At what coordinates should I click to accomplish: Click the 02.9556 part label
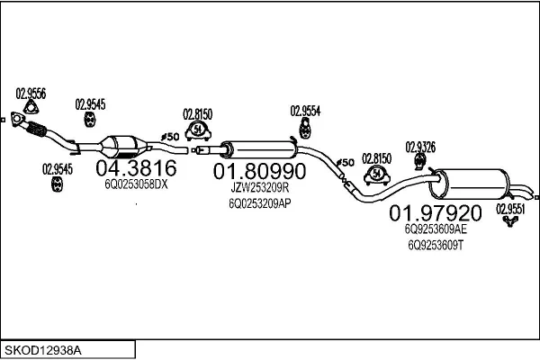pyautogui.click(x=31, y=93)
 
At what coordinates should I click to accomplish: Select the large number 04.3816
pyautogui.click(x=137, y=167)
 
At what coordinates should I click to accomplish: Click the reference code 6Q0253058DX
pyautogui.click(x=137, y=184)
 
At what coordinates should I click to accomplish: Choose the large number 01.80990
pyautogui.click(x=258, y=170)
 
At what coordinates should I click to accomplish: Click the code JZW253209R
pyautogui.click(x=258, y=188)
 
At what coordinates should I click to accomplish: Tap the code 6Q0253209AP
pyautogui.click(x=258, y=203)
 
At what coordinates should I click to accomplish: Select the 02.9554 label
pyautogui.click(x=305, y=111)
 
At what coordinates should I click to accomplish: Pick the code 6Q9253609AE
pyautogui.click(x=436, y=229)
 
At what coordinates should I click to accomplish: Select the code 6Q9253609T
pyautogui.click(x=436, y=244)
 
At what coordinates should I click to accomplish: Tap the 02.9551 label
pyautogui.click(x=510, y=208)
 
